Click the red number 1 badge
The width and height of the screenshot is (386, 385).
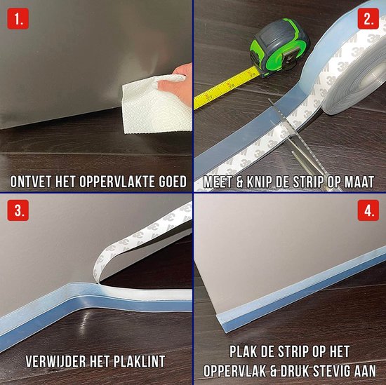pos(18,19)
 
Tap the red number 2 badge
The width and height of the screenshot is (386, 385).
pos(368,19)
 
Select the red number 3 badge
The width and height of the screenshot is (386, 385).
pos(18,210)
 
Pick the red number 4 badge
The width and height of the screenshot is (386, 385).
pos(368,210)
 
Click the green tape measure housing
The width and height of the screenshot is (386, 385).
pos(279,47)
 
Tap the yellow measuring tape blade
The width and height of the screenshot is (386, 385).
pos(227,88)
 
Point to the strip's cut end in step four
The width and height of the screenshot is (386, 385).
pos(222,323)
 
